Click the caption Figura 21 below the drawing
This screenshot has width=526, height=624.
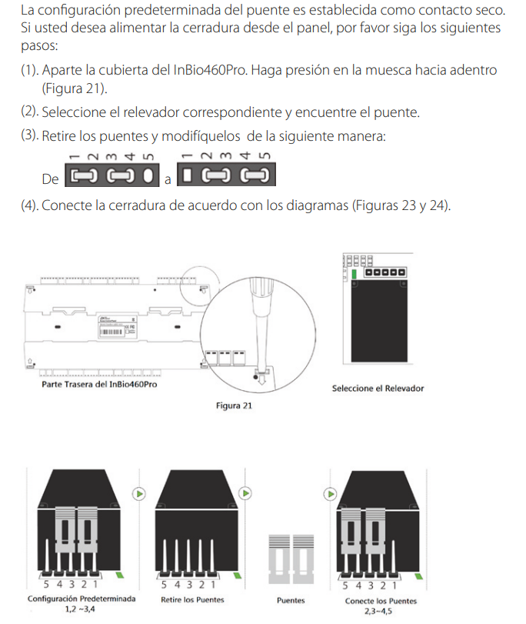[235, 405]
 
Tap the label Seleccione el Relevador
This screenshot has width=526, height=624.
[378, 389]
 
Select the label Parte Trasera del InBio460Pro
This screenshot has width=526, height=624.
[99, 383]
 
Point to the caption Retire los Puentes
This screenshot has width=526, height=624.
[192, 600]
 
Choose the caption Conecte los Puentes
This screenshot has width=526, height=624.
[381, 601]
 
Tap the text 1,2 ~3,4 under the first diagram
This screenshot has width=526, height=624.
[82, 610]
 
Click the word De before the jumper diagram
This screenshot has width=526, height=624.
[50, 179]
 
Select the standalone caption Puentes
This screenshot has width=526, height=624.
[290, 601]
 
